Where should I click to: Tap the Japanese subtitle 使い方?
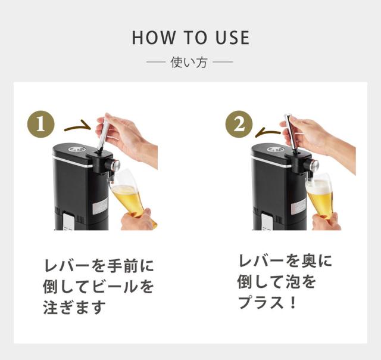click(189, 62)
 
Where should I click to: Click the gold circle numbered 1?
click(41, 125)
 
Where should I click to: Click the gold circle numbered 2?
click(239, 125)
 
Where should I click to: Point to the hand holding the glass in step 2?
click(326, 222)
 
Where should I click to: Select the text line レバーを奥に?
click(285, 261)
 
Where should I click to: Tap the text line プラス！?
click(267, 302)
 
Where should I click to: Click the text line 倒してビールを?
click(98, 287)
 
